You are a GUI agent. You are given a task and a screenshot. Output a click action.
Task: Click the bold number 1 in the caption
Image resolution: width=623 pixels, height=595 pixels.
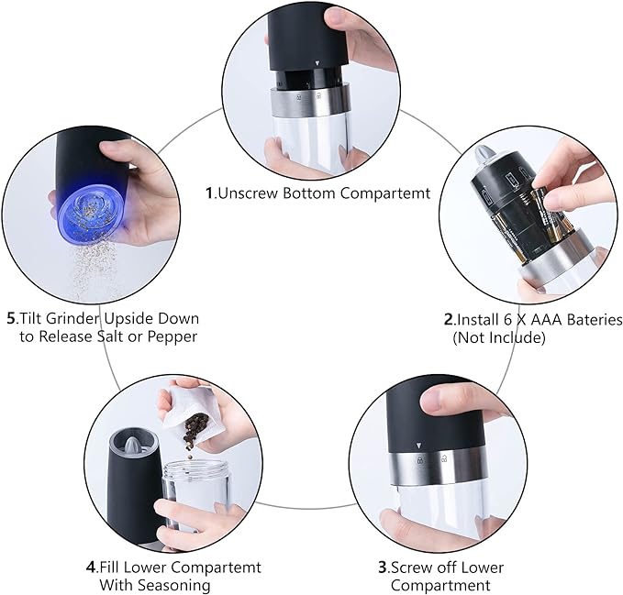[x=209, y=193]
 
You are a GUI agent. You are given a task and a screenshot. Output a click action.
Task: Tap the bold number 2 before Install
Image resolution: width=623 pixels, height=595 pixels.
[x=449, y=320]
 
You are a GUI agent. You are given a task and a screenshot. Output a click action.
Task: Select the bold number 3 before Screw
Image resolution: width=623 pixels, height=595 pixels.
[x=383, y=567]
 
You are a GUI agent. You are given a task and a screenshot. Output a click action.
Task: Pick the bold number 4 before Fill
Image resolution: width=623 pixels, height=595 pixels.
[x=91, y=567]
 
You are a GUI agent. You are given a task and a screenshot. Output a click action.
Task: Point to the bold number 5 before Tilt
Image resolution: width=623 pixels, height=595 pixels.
[x=12, y=318]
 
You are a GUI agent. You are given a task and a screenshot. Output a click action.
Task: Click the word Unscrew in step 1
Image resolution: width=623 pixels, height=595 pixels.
[x=249, y=193]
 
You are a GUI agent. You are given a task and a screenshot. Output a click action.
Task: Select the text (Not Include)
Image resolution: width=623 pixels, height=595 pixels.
[x=499, y=337]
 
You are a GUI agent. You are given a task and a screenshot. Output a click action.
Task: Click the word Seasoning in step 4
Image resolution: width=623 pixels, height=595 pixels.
[x=155, y=585]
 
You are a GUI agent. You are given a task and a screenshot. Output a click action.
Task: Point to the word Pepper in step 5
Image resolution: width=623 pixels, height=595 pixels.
[x=172, y=337]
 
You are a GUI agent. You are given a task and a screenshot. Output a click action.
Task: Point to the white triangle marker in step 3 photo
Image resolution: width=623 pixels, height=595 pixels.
[x=418, y=446]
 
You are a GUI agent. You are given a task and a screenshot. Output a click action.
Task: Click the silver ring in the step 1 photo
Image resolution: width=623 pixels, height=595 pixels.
[x=310, y=100]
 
